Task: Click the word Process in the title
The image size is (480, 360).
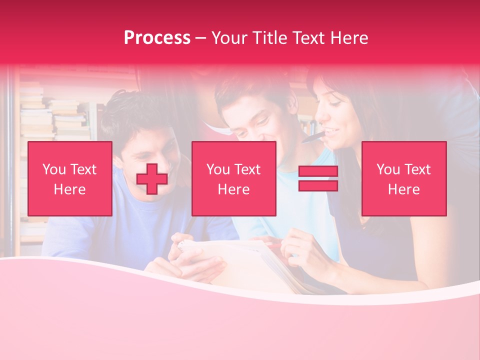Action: point(157,38)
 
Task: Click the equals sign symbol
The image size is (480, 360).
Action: point(318,178)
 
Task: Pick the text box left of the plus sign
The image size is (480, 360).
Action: point(70,178)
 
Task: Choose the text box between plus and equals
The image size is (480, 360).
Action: point(234,178)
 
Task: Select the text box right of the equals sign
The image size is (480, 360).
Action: point(404,178)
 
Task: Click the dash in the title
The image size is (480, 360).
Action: point(200,38)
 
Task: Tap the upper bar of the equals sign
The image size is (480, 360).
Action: point(318,171)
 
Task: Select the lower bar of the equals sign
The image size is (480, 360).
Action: point(318,186)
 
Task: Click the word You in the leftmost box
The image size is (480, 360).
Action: point(54,169)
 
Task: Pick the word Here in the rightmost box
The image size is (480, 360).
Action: point(404,189)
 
